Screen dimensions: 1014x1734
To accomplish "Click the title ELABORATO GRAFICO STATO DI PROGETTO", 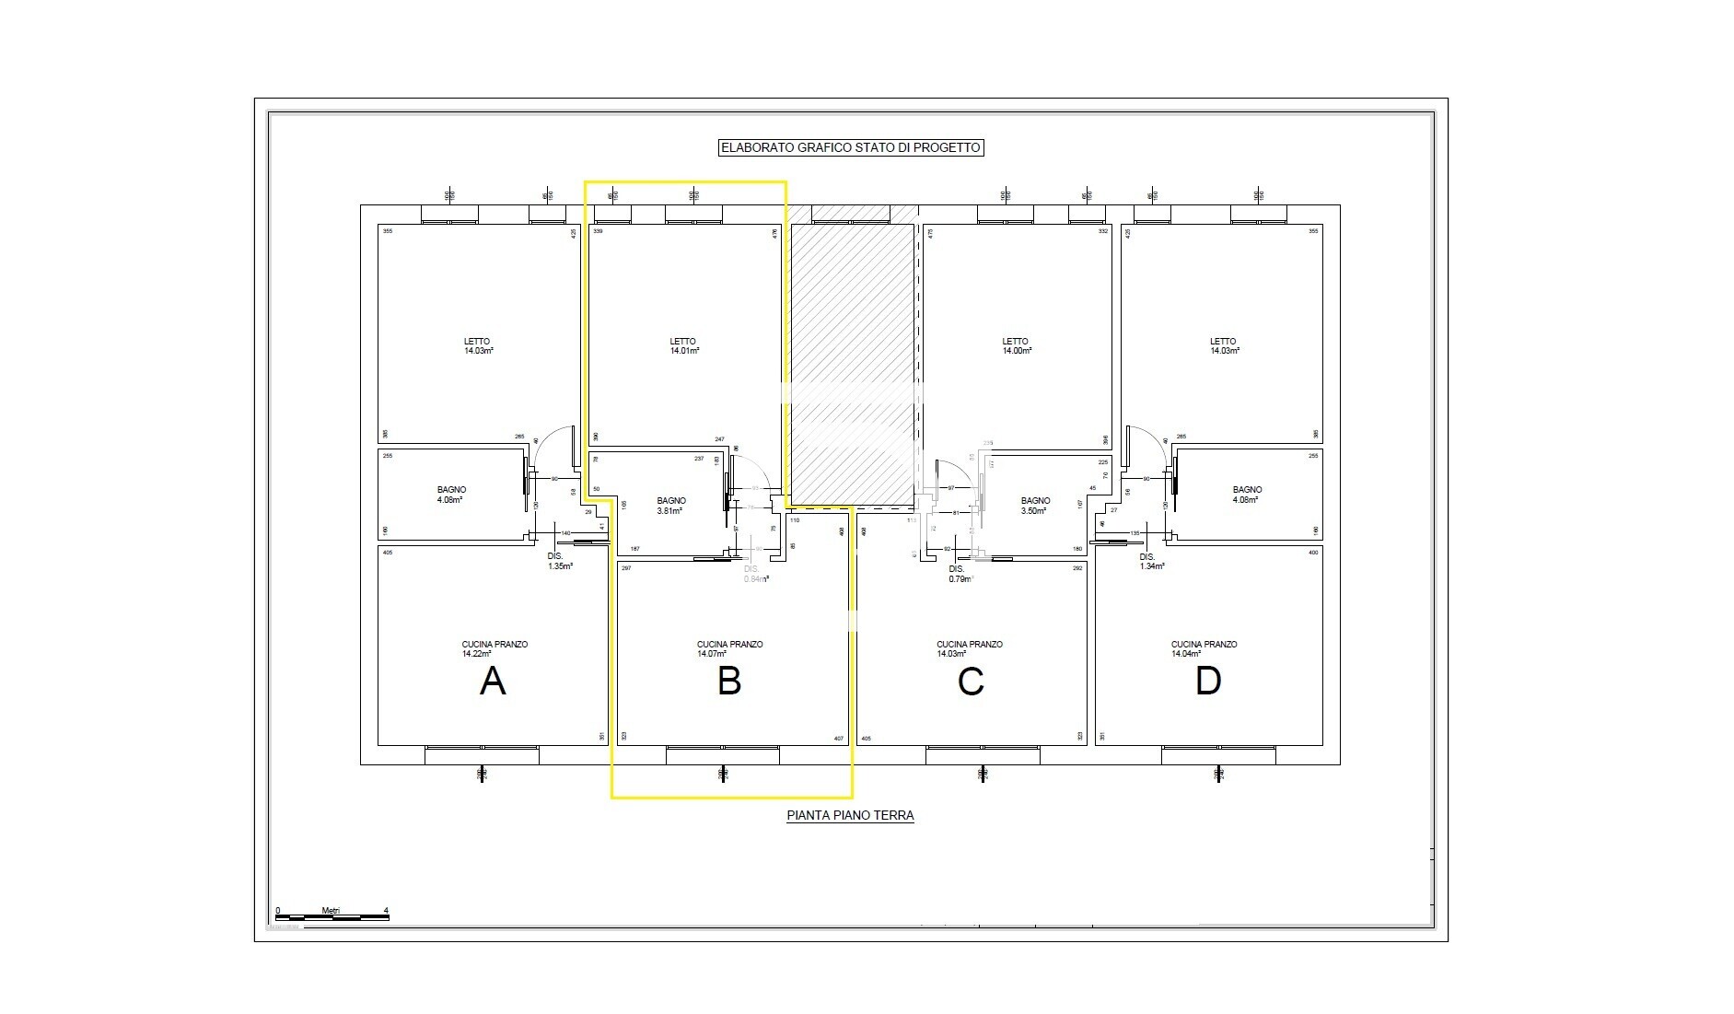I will (850, 147).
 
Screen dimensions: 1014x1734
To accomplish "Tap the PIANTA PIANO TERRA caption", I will (850, 815).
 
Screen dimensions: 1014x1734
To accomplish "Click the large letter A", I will (493, 682).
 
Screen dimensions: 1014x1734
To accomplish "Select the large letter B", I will (729, 682).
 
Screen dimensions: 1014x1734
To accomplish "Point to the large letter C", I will (971, 682).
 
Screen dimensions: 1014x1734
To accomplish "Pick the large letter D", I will (1207, 682).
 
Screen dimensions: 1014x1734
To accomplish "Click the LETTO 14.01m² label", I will (683, 346).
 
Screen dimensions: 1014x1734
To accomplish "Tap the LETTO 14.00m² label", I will (1016, 346).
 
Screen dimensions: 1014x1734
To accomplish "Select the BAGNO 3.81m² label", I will (670, 506).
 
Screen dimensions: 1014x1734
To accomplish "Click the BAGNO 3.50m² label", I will (1035, 506).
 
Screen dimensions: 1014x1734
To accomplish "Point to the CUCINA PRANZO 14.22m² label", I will (495, 649).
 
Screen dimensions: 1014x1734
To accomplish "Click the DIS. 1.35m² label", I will (559, 562).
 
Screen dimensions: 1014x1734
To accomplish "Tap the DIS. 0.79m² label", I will (960, 575).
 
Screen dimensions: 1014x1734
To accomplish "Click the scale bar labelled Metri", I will (332, 916).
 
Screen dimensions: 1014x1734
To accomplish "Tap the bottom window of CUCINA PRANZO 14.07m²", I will (723, 755).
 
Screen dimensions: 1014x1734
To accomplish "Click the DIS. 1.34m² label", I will (1151, 562).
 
